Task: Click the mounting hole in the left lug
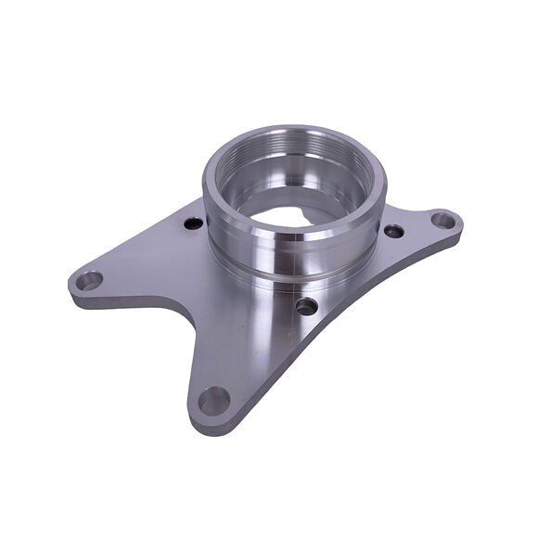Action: (91, 279)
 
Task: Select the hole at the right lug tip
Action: (445, 221)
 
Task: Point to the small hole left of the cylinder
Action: (193, 224)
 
